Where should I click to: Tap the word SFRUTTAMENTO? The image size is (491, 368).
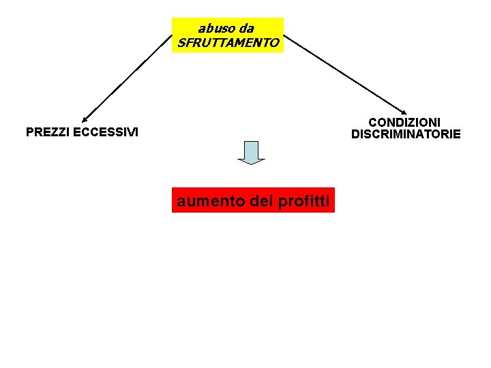coord(228,43)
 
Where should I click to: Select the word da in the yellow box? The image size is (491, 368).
coord(245,29)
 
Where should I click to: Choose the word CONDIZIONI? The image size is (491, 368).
coord(404,122)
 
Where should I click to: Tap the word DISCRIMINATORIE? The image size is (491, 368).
coord(406,134)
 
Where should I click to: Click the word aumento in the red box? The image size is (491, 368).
coord(209,201)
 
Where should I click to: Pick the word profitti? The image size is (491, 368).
coord(304,201)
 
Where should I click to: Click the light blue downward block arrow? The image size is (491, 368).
coord(251,151)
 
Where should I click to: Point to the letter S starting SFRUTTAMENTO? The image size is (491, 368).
coord(181,43)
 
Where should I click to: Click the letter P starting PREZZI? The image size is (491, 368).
coord(29,132)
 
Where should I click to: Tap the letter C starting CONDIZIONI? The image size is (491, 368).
coord(373,122)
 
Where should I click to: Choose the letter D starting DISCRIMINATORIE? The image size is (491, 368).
coord(355,134)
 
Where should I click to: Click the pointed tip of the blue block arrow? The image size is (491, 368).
coord(251,164)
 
